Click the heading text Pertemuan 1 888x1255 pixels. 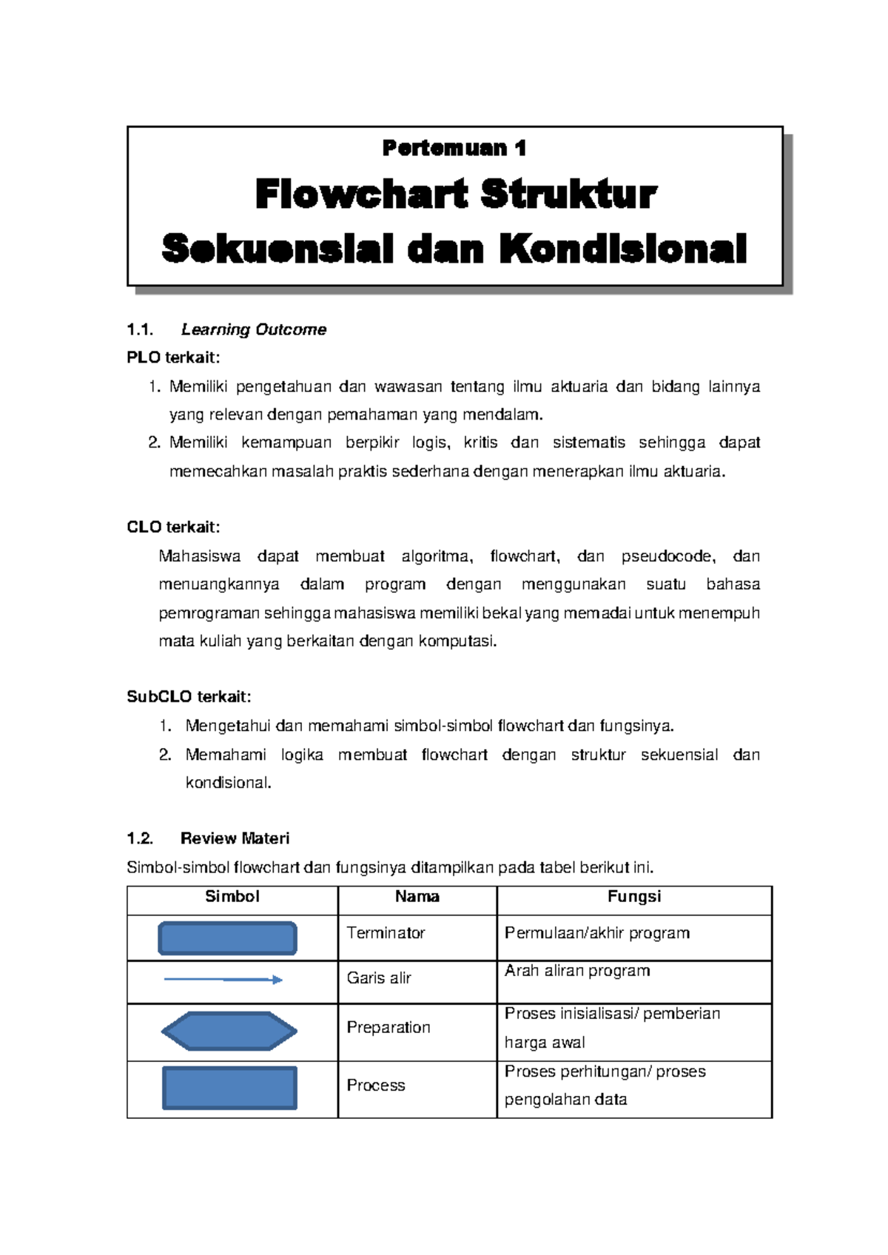[454, 148]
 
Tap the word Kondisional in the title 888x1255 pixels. [622, 249]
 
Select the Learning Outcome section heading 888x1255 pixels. [253, 330]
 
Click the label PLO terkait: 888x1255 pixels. [173, 358]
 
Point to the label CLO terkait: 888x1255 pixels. [173, 528]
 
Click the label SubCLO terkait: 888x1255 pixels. [189, 697]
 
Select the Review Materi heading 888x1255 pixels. [235, 838]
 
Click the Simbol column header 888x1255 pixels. [232, 897]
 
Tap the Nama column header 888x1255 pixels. [417, 897]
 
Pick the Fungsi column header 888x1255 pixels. [634, 897]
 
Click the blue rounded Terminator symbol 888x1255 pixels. [228, 938]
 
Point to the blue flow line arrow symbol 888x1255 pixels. [223, 980]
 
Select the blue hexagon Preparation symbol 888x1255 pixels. [229, 1032]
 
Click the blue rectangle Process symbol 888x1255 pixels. [229, 1088]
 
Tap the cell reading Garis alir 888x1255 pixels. [378, 978]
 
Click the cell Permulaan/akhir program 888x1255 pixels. [596, 933]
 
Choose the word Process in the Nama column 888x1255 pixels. [376, 1086]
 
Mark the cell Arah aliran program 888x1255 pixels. [577, 971]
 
